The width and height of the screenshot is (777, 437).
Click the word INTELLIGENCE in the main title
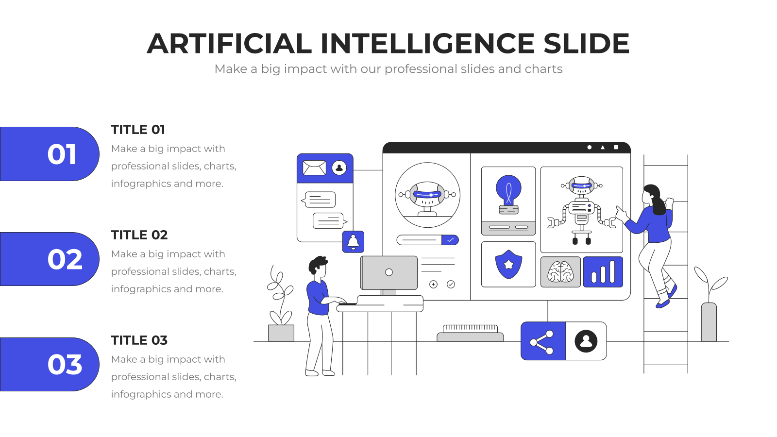[427, 44]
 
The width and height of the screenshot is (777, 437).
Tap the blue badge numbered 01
[50, 153]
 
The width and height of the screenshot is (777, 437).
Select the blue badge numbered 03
[50, 364]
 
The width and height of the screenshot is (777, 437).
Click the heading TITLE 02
[139, 235]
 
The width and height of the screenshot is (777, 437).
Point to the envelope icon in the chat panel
[314, 168]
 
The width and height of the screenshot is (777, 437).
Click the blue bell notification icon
[353, 242]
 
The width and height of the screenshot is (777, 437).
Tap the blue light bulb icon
[508, 194]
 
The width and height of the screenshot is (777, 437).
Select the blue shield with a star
[508, 264]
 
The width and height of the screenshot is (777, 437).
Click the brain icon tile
[560, 272]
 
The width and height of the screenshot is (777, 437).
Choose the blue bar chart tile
[603, 272]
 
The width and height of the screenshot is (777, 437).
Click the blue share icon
[543, 341]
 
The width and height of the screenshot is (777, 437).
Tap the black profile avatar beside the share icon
[586, 341]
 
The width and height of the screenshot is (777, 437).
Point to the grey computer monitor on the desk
[389, 272]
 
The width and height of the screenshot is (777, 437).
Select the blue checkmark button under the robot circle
[450, 240]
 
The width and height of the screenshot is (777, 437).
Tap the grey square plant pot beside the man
[281, 333]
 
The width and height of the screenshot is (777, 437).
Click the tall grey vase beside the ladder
[709, 322]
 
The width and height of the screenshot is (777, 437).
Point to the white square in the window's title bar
[616, 148]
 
